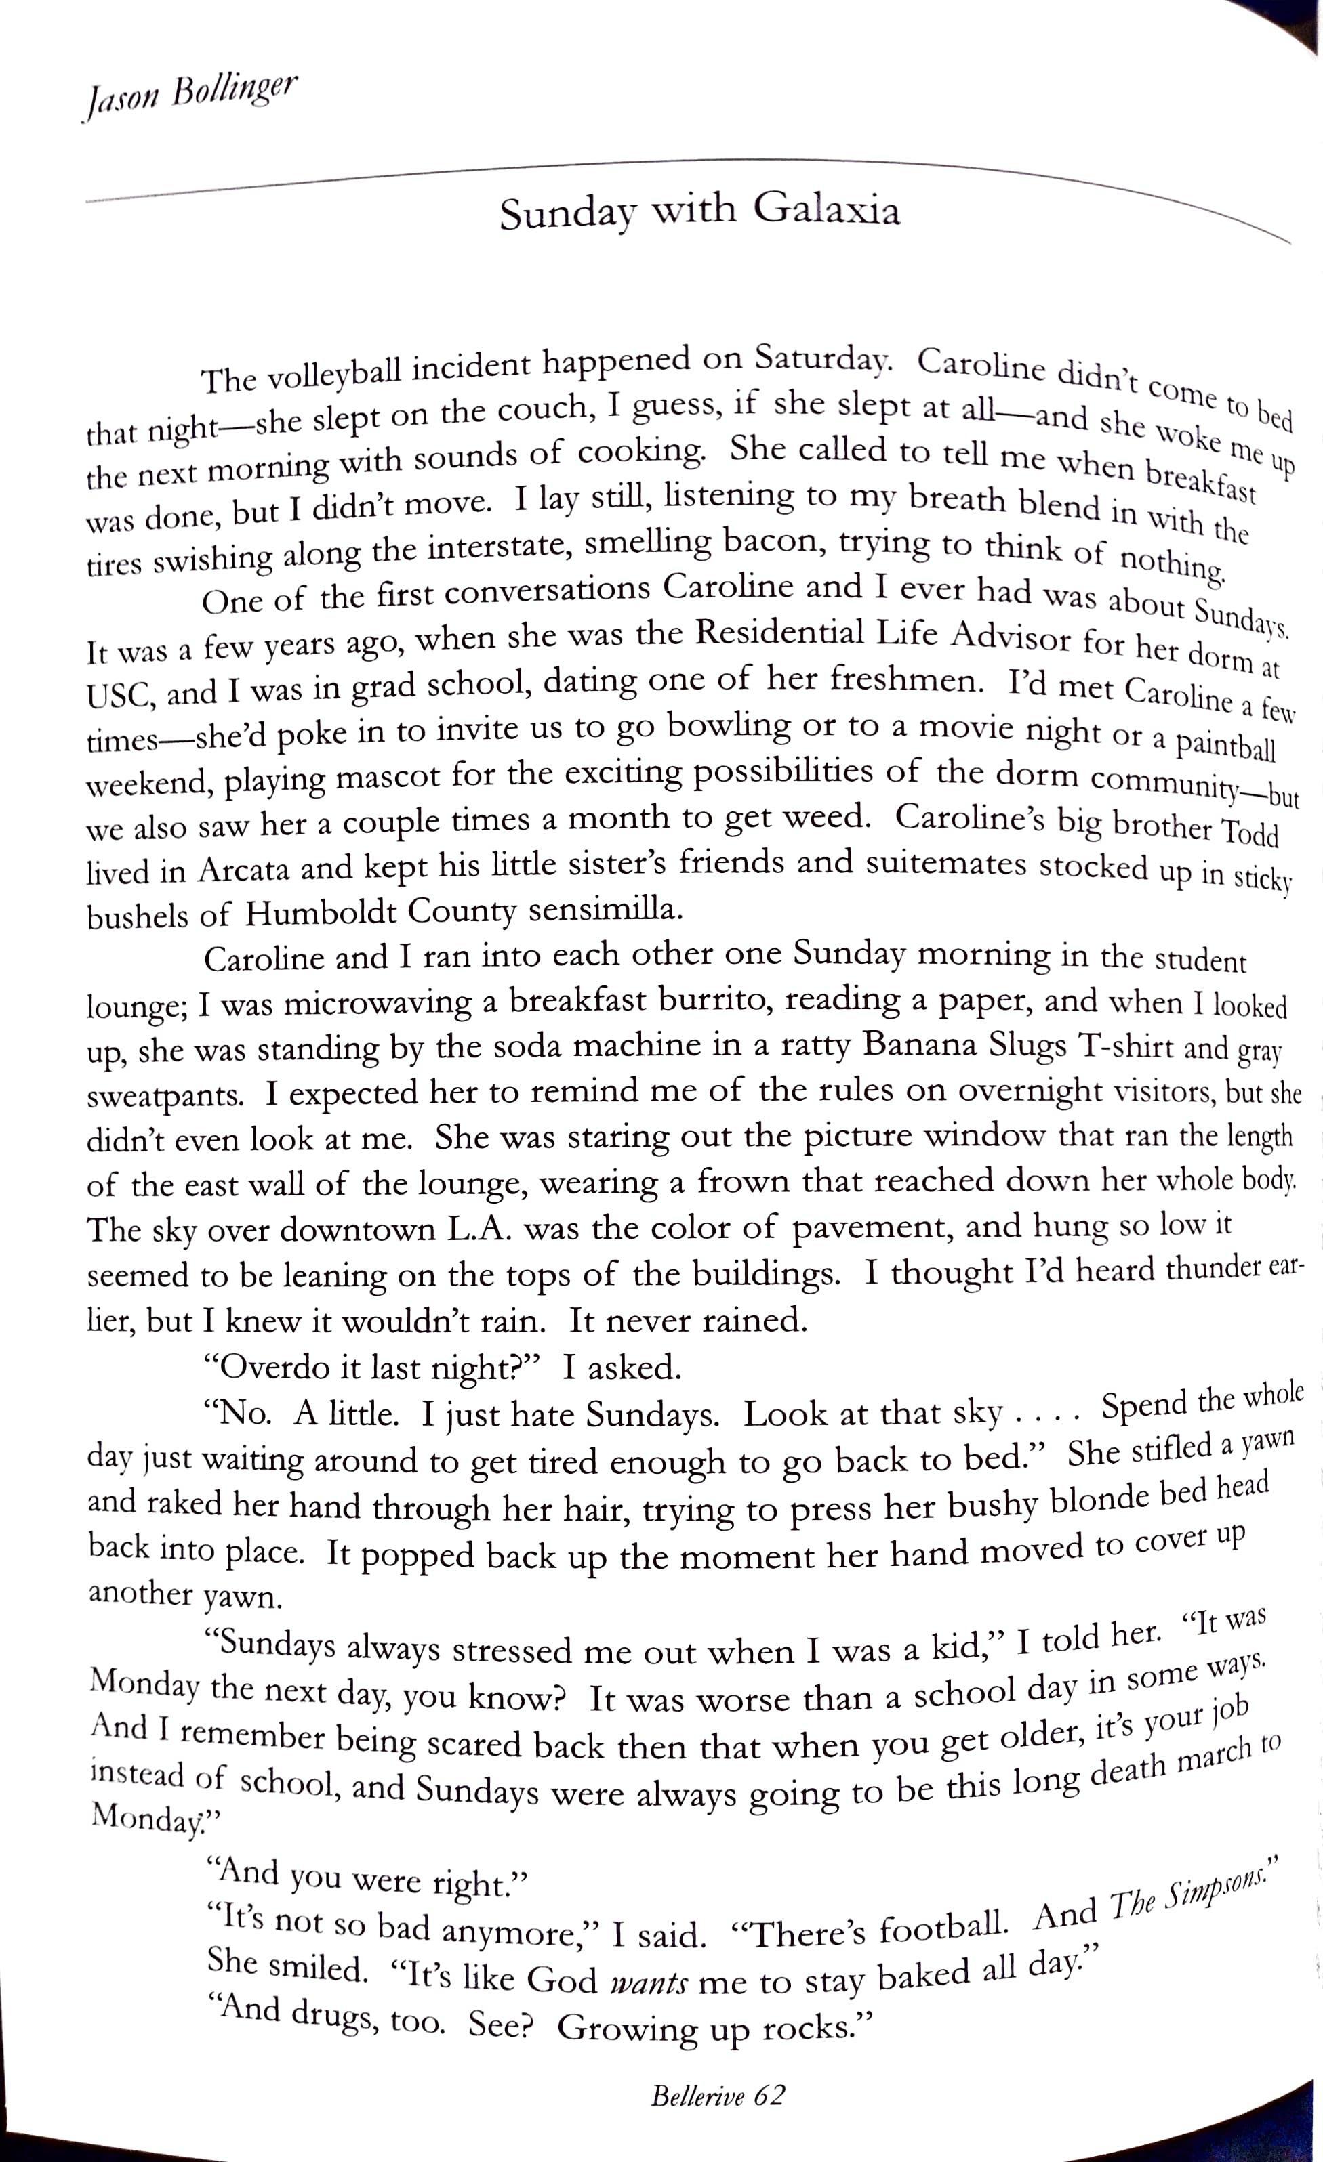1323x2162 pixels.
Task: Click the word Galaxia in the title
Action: (x=826, y=211)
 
